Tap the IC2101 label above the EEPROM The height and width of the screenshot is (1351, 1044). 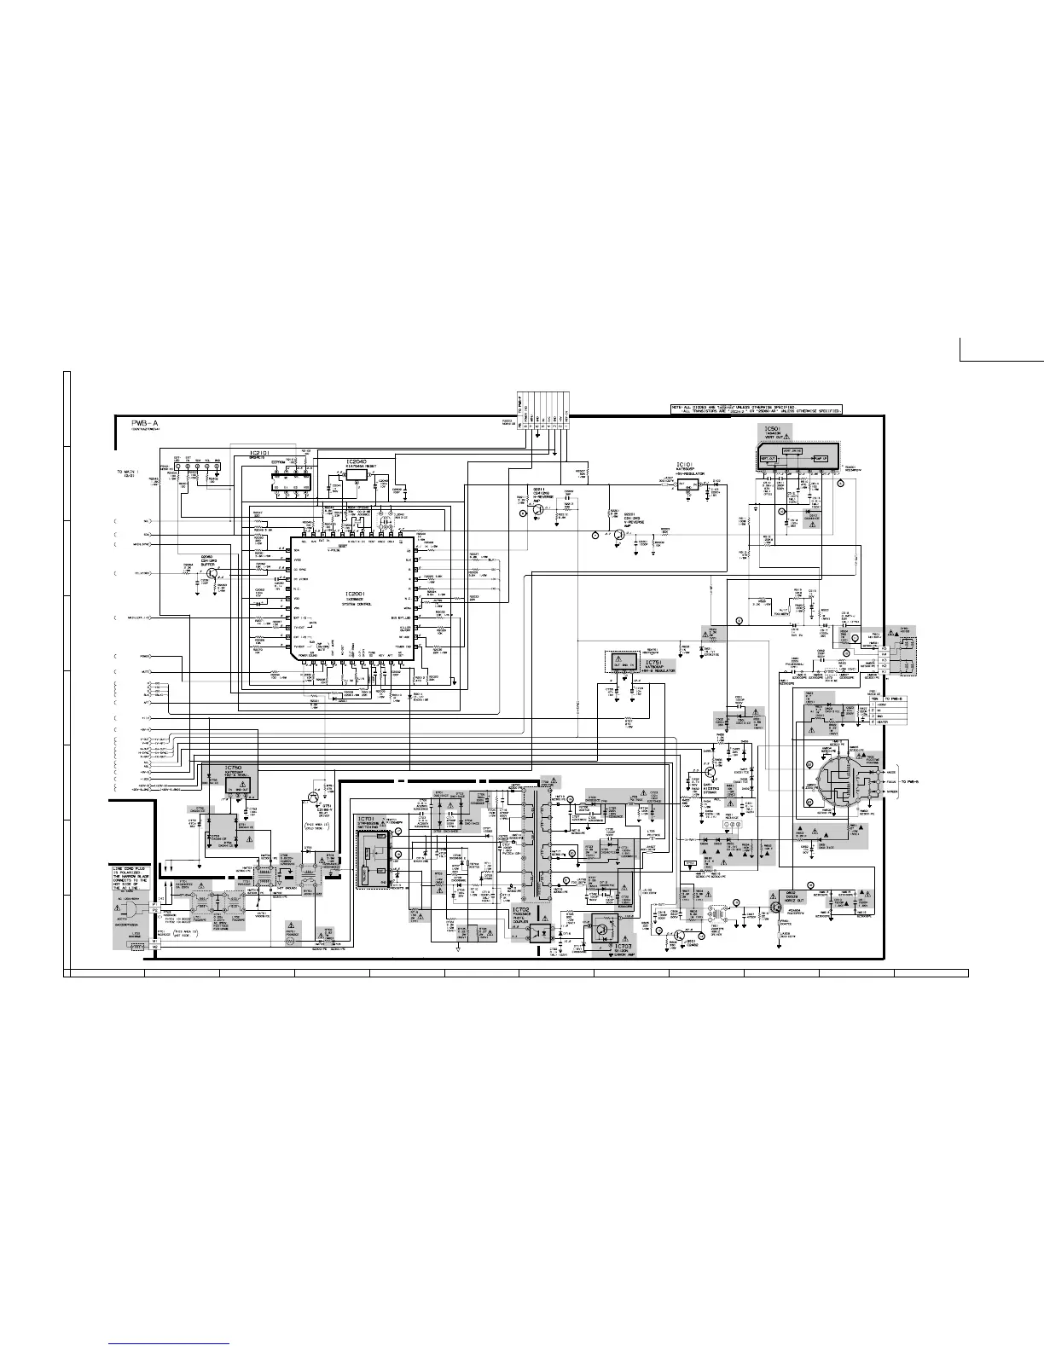tap(260, 453)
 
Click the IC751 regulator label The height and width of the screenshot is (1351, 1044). tap(654, 662)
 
